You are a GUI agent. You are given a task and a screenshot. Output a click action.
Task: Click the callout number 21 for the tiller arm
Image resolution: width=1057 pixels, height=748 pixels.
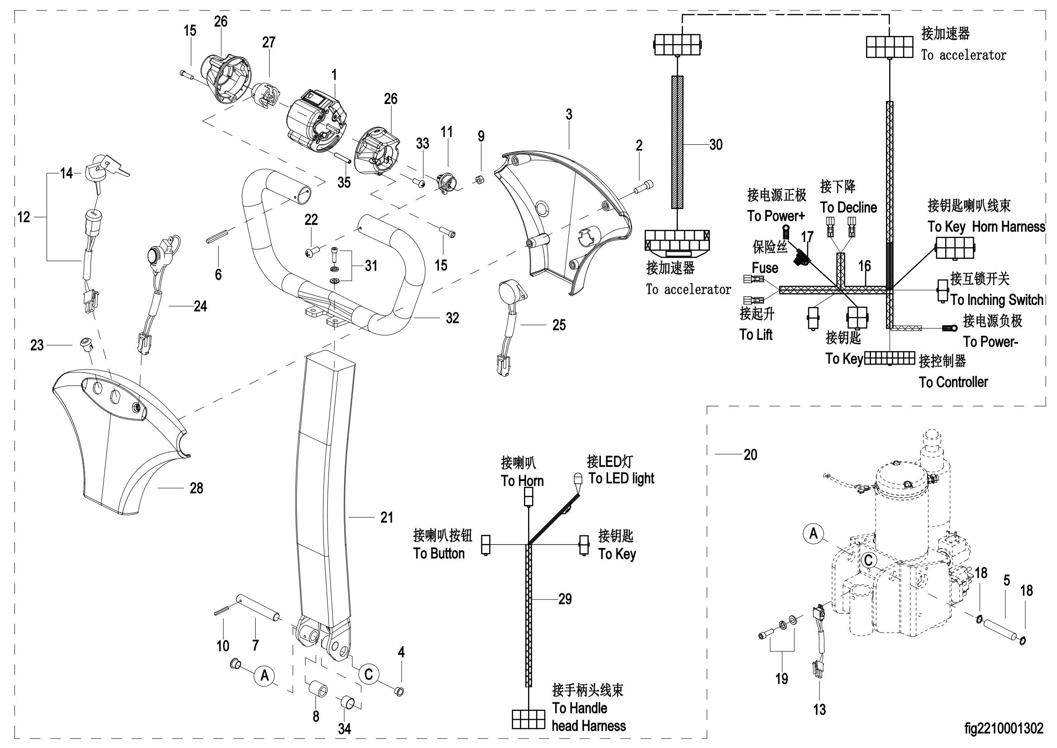click(386, 518)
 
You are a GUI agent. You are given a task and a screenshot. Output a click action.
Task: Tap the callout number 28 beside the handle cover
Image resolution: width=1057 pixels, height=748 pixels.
click(196, 488)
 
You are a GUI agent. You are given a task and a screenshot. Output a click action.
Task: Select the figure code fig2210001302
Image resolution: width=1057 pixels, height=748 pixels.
click(1004, 728)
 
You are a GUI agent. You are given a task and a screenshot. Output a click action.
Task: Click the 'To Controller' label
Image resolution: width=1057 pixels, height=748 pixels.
click(953, 382)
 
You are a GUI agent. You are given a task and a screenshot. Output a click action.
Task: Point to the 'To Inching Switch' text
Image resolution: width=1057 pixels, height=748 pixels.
click(997, 300)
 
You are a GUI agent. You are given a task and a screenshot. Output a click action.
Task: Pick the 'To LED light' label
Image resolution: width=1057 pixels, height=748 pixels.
click(621, 479)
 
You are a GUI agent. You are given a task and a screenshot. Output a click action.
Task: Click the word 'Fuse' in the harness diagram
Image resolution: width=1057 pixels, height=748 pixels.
click(765, 267)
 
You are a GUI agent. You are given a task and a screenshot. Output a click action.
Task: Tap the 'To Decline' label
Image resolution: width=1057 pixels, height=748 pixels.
click(848, 207)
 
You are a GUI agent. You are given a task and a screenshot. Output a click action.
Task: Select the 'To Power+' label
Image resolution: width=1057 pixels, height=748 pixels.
click(776, 215)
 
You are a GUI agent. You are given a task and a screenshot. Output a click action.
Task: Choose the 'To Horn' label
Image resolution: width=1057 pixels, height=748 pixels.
click(522, 481)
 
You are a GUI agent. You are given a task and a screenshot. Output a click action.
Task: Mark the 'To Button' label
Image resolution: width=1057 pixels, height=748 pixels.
click(439, 553)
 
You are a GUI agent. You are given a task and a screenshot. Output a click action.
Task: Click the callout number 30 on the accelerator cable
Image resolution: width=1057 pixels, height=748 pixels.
click(715, 145)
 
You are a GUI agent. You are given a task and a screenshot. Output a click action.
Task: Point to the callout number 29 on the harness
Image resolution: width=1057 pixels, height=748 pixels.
click(565, 599)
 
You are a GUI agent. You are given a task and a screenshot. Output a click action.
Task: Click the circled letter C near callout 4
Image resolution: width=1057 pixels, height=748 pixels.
click(368, 674)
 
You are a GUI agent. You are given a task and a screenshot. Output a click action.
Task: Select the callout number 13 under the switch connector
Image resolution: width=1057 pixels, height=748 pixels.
click(819, 710)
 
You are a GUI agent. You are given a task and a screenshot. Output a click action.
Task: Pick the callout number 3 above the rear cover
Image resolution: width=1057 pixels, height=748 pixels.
click(569, 114)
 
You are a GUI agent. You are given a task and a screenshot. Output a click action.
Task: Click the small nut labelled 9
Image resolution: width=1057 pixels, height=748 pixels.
click(479, 179)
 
